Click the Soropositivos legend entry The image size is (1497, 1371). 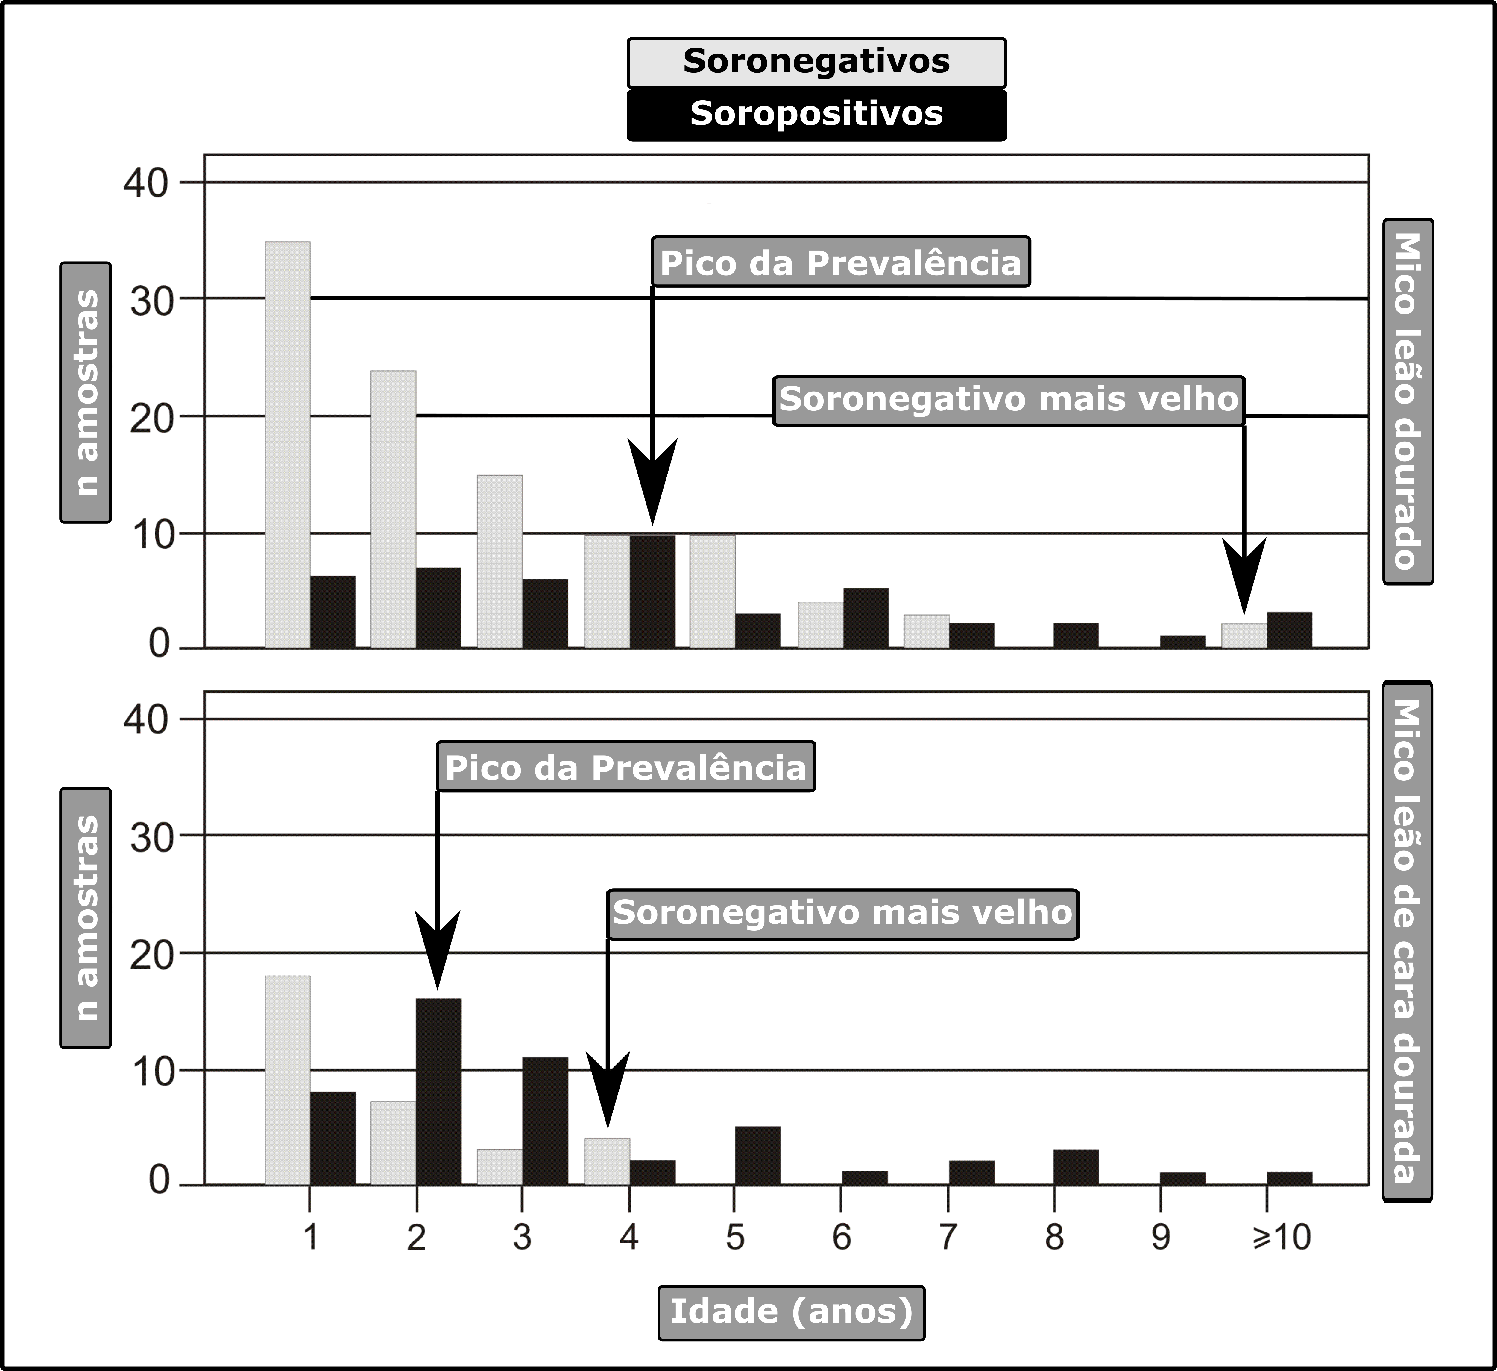pos(816,114)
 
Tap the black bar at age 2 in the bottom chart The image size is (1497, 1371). pos(438,1091)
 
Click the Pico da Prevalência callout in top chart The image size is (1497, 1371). pos(841,262)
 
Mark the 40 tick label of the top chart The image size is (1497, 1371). pos(146,182)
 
